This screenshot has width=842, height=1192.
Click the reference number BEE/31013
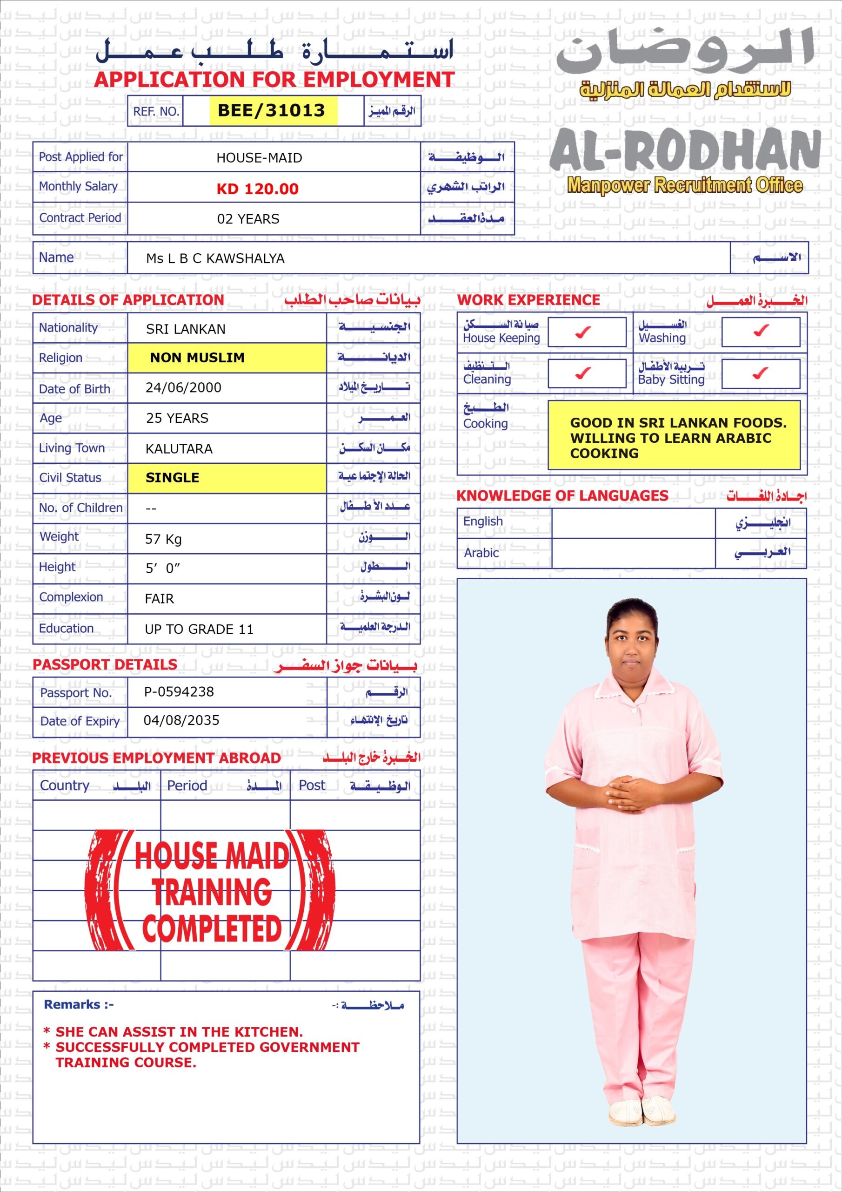point(271,110)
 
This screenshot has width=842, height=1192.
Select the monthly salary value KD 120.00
point(257,189)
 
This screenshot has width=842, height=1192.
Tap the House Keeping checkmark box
point(586,332)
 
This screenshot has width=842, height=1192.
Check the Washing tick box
point(760,332)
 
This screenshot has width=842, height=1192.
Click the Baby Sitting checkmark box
point(760,373)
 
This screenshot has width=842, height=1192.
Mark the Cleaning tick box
point(586,373)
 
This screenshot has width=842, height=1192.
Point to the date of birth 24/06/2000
point(183,388)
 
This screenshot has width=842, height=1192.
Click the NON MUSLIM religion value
point(197,358)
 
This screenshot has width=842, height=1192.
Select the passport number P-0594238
point(179,691)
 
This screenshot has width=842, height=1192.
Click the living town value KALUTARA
point(179,448)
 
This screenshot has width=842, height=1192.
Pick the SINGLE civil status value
point(172,478)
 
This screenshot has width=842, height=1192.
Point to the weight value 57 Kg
point(163,539)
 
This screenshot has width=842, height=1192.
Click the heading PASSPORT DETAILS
point(105,664)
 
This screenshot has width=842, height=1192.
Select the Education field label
point(67,628)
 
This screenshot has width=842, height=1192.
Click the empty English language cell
point(633,523)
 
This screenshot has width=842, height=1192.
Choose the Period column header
point(187,786)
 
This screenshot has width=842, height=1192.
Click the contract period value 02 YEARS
point(248,219)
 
